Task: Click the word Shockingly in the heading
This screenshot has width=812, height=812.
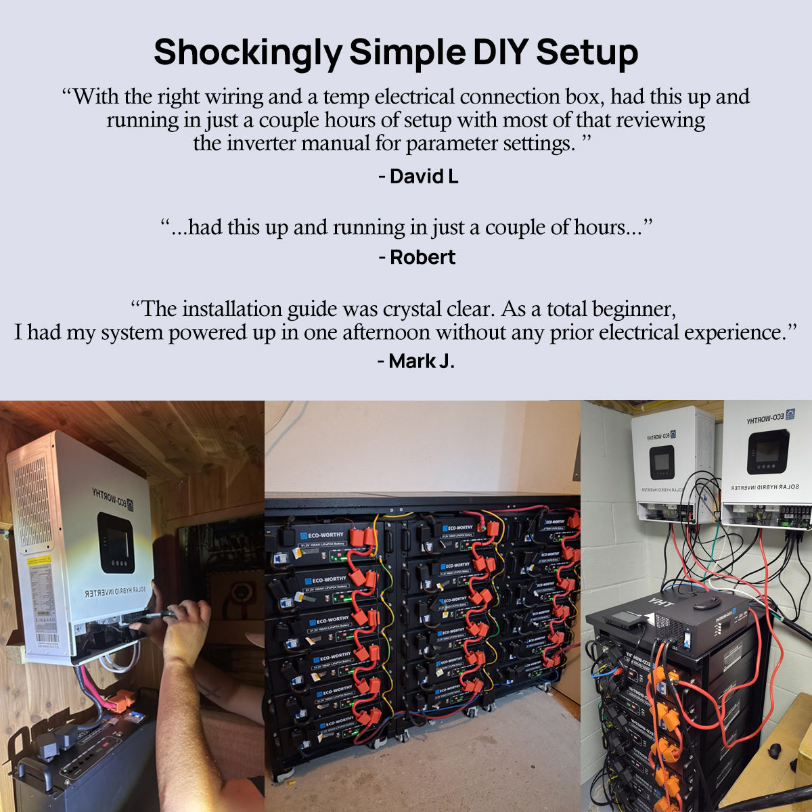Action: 248,52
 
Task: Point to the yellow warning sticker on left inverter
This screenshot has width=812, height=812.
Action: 38,561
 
